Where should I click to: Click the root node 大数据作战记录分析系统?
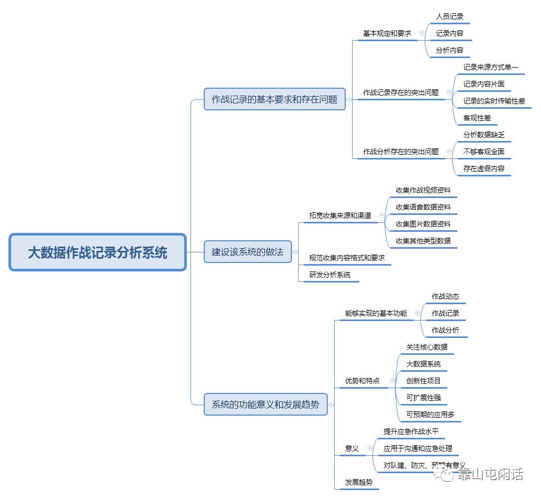tap(98, 252)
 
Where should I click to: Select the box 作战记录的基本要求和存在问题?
tap(274, 99)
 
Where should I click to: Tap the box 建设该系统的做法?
tap(248, 252)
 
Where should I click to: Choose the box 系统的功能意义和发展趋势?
tap(265, 405)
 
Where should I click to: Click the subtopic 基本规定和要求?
tap(387, 33)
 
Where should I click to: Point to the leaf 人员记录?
tap(450, 16)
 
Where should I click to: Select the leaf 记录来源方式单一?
tap(491, 67)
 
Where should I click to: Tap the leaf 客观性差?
tap(477, 118)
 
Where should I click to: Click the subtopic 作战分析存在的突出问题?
tap(401, 152)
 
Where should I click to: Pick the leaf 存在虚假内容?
tap(484, 168)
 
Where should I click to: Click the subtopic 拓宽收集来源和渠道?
tap(340, 215)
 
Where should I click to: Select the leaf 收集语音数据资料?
tap(423, 207)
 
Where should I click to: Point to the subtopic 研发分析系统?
tap(330, 275)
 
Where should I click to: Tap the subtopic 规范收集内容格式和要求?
tap(347, 258)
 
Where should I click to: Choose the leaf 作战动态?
tap(445, 296)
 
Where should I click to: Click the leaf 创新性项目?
tap(423, 381)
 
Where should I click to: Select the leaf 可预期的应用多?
tap(430, 415)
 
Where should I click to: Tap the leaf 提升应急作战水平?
tap(411, 431)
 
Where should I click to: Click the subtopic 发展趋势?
tap(359, 482)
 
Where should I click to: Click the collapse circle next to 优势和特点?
tap(392, 380)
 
